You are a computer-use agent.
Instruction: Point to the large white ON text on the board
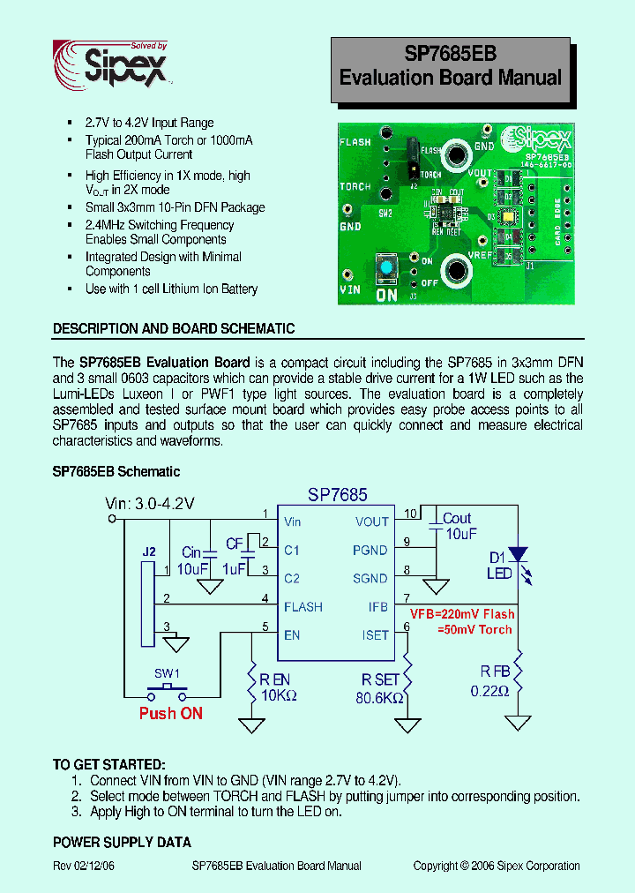point(386,295)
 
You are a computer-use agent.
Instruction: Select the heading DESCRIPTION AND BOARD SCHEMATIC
point(174,328)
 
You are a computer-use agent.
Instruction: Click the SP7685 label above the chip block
point(337,496)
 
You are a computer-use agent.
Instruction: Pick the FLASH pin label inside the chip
point(303,607)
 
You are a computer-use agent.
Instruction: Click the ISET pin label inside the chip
point(375,635)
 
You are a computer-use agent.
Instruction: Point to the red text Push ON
point(171,713)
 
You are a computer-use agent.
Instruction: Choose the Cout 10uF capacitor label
point(457,527)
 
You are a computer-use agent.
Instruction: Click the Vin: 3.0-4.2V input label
point(150,504)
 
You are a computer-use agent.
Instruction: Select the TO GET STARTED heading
point(108,764)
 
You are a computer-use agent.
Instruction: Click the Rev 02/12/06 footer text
point(84,866)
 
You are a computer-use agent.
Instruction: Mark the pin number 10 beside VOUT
point(410,514)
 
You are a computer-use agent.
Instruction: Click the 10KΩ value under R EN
point(278,695)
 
